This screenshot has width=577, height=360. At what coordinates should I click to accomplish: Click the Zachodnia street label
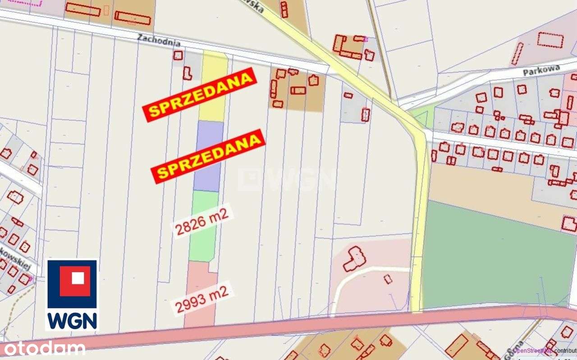(159, 41)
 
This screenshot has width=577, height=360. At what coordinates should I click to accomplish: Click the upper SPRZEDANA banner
(200, 94)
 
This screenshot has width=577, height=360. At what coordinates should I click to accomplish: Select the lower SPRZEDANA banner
(208, 156)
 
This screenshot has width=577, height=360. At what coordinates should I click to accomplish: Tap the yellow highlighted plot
(213, 86)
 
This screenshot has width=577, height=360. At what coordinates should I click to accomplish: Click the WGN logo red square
(72, 281)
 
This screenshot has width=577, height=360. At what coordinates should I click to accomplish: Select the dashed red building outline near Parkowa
(550, 40)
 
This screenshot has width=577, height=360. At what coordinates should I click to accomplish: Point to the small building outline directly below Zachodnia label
(178, 55)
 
